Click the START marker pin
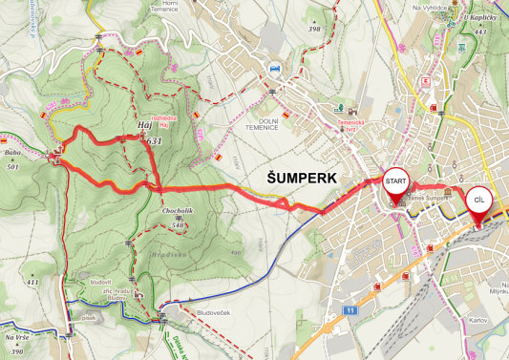coord(396,181)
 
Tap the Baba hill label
coord(12,154)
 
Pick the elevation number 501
coord(12,167)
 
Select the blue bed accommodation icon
coord(276,68)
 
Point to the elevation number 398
coord(313,29)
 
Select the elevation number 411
coord(32,283)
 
